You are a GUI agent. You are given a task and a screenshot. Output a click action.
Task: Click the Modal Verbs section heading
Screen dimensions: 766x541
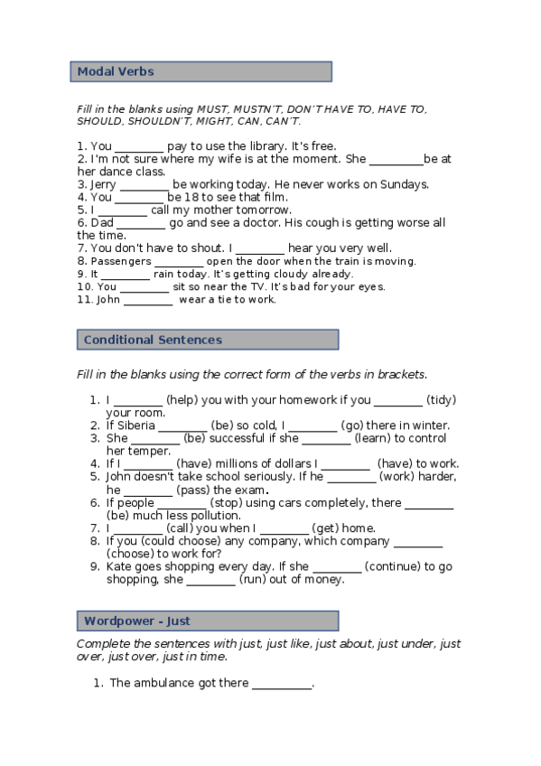pyautogui.click(x=116, y=71)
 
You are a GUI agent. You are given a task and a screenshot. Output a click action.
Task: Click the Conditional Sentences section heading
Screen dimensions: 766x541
pyautogui.click(x=153, y=340)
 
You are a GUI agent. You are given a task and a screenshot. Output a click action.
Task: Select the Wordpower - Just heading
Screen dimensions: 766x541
pyautogui.click(x=136, y=621)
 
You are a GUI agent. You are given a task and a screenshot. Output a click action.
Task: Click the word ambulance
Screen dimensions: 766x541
pyautogui.click(x=175, y=683)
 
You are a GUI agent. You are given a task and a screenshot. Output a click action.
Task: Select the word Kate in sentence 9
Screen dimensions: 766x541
pyautogui.click(x=120, y=566)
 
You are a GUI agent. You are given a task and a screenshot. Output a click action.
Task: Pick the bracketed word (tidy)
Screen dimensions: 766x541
pyautogui.click(x=443, y=399)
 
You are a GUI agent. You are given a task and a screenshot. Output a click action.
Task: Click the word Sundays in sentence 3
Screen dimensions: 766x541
pyautogui.click(x=404, y=184)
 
